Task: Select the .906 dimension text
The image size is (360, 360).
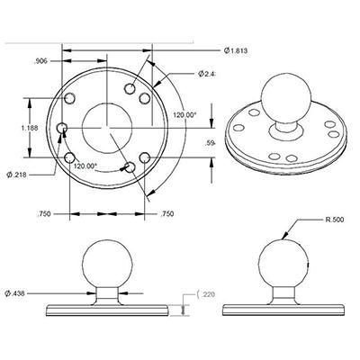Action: coord(40,61)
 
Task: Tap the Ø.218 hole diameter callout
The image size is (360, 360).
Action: coord(18,173)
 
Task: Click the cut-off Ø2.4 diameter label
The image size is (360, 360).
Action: coord(209,74)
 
